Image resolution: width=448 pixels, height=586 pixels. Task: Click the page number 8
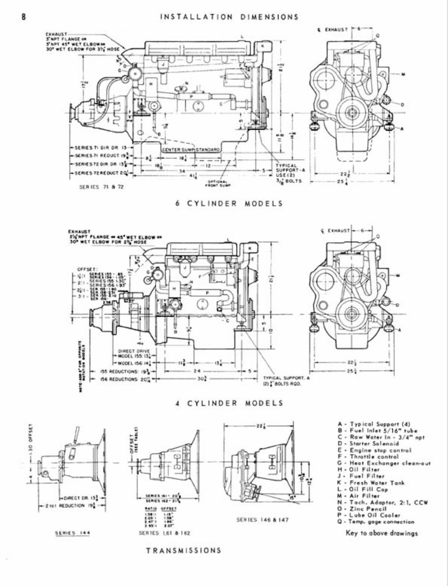23,16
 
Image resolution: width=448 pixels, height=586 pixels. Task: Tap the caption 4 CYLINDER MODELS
229,403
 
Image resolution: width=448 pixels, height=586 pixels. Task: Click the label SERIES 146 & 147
257,519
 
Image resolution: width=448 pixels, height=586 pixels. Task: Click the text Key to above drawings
376,533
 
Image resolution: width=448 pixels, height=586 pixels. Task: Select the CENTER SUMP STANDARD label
191,148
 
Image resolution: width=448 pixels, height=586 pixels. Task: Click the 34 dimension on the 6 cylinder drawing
169,172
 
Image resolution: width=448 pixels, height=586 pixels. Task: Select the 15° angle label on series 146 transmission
293,497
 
